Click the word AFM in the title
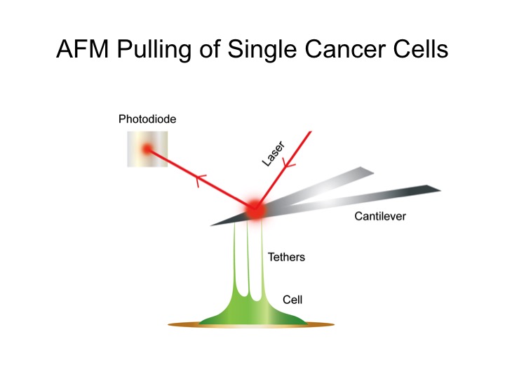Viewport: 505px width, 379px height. pyautogui.click(x=83, y=49)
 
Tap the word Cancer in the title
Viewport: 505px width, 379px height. pyautogui.click(x=344, y=49)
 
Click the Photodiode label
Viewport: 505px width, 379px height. pyautogui.click(x=147, y=119)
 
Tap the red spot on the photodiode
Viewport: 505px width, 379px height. pyautogui.click(x=147, y=149)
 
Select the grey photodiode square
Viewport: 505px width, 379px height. pyautogui.click(x=147, y=149)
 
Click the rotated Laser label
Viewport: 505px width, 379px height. pyautogui.click(x=273, y=154)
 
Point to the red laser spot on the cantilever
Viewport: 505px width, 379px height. pyautogui.click(x=255, y=210)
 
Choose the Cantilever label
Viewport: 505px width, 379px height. pyautogui.click(x=380, y=216)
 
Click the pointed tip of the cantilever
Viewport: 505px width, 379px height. pyautogui.click(x=210, y=225)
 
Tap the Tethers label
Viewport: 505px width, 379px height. pyautogui.click(x=286, y=257)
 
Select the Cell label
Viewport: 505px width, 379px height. pyautogui.click(x=292, y=300)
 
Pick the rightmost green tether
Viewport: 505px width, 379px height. pyautogui.click(x=262, y=255)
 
